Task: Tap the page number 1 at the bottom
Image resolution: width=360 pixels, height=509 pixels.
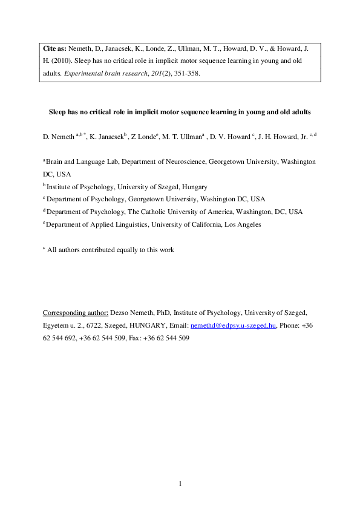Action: click(180, 484)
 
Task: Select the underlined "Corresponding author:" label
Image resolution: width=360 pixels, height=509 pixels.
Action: click(76, 313)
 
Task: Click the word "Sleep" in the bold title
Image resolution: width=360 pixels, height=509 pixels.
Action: click(58, 112)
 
